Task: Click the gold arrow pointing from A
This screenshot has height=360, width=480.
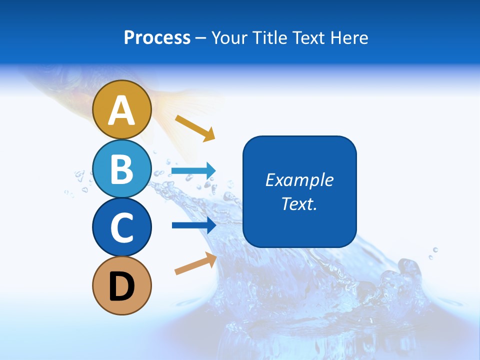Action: (x=195, y=128)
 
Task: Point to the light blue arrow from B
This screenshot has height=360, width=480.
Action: (x=193, y=171)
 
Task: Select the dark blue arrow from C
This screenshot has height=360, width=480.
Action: (x=193, y=225)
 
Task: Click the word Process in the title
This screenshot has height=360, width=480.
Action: (x=157, y=38)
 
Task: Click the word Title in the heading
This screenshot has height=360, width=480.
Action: (x=268, y=38)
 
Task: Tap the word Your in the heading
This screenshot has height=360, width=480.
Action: (x=230, y=38)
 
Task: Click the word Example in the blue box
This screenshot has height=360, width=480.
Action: (x=299, y=180)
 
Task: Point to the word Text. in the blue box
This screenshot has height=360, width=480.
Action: (x=299, y=203)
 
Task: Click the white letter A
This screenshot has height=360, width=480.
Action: (x=121, y=110)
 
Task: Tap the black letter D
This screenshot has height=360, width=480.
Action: (x=121, y=286)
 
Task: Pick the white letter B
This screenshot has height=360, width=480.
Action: (x=121, y=168)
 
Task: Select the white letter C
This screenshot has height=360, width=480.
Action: (x=121, y=227)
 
